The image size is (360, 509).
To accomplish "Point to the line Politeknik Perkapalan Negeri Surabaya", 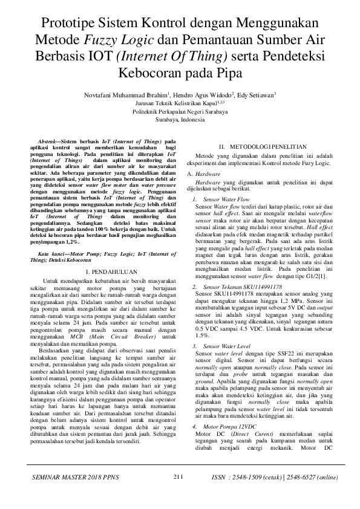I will click(x=180, y=112).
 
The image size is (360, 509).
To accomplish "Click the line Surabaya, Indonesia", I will click(x=180, y=120).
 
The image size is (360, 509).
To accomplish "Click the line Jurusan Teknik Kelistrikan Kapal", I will click(x=180, y=103).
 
